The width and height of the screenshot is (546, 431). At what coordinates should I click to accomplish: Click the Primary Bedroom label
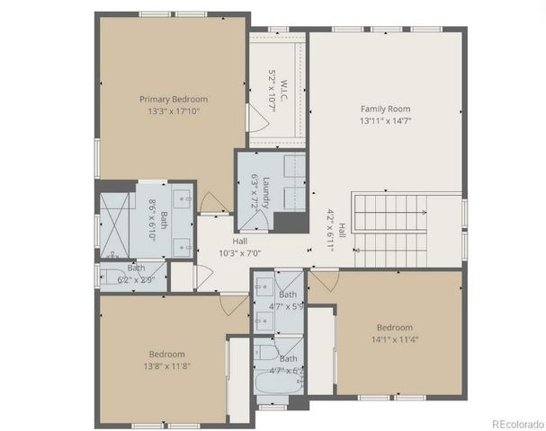[x=173, y=99]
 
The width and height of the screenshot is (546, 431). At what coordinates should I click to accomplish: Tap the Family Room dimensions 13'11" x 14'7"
[x=385, y=120]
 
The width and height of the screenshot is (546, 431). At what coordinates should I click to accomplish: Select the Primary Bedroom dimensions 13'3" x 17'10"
[x=173, y=111]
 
